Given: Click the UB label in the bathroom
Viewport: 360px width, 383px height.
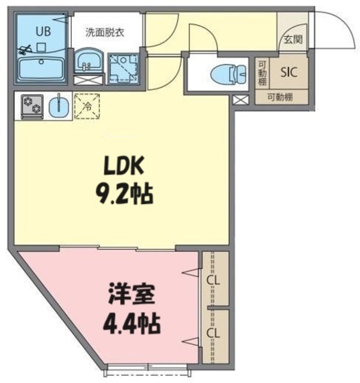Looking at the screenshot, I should [40, 29].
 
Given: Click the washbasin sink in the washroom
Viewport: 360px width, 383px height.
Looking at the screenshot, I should [89, 60].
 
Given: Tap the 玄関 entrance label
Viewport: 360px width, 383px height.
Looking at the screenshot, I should [293, 39].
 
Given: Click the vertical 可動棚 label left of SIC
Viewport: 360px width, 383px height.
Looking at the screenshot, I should [262, 72].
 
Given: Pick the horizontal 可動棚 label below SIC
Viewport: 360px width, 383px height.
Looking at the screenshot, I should [280, 97].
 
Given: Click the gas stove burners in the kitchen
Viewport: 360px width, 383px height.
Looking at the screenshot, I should [30, 106].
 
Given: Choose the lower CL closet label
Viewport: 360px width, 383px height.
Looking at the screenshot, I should [212, 333].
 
